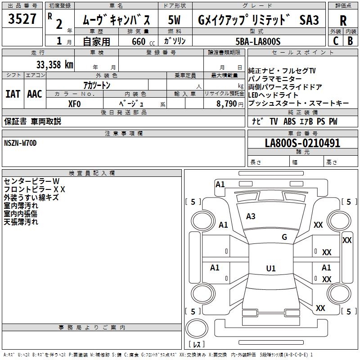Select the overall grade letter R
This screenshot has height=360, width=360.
pyautogui.click(x=343, y=20)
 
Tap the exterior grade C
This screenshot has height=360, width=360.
pyautogui.click(x=336, y=40)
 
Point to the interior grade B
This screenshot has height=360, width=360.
pyautogui.click(x=350, y=40)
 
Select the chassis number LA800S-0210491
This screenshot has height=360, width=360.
pyautogui.click(x=302, y=143)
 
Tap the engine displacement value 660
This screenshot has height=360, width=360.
pyautogui.click(x=138, y=41)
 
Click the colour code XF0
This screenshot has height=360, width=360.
pyautogui.click(x=74, y=103)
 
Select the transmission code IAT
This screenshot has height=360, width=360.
pyautogui.click(x=13, y=94)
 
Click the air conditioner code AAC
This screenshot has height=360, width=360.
pyautogui.click(x=35, y=94)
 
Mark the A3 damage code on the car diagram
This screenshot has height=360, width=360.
pyautogui.click(x=251, y=216)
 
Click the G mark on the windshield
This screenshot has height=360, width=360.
pyautogui.click(x=284, y=237)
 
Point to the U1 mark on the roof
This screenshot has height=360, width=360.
pyautogui.click(x=270, y=269)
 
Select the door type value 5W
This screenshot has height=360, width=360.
pyautogui.click(x=175, y=20)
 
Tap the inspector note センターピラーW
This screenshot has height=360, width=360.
pyautogui.click(x=28, y=181)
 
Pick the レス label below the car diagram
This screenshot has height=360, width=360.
pyautogui.click(x=196, y=345)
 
